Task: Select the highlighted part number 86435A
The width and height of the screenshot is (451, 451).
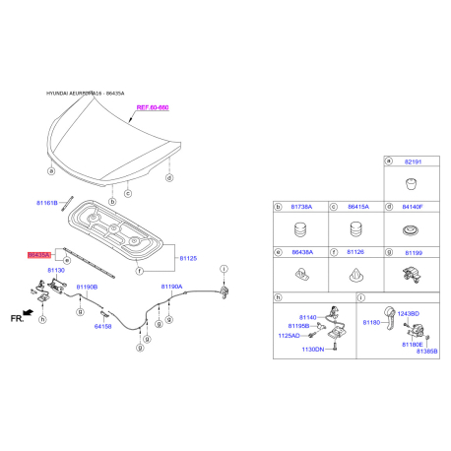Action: point(40,254)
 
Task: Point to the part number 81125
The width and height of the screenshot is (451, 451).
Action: point(188,258)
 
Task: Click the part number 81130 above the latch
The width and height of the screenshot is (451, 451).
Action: point(55,269)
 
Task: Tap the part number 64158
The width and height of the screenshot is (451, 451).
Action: point(103,326)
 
